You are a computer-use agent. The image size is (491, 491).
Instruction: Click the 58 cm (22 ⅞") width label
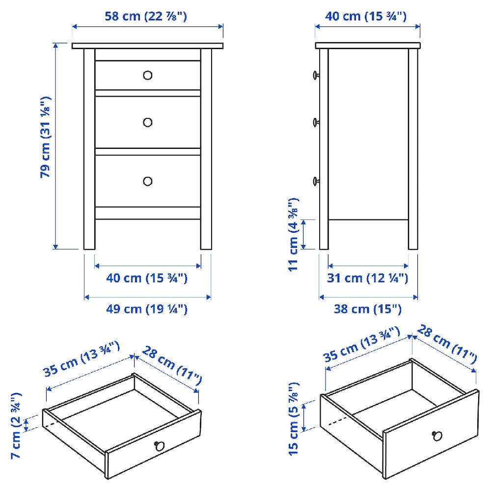point(146,16)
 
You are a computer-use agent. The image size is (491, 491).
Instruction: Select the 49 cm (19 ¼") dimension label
point(147,309)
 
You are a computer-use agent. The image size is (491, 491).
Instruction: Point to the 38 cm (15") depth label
point(368,309)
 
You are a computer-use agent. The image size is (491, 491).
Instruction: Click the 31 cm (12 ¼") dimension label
point(368,278)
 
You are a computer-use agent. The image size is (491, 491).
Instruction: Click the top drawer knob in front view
point(148,75)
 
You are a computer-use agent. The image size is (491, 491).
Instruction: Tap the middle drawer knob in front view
point(148,122)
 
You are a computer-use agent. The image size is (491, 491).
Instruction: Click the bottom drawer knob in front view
point(148,181)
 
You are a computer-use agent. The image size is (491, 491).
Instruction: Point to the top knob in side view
point(316,75)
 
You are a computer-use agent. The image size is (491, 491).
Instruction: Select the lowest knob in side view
point(316,181)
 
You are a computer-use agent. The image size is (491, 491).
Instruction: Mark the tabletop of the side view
point(368,46)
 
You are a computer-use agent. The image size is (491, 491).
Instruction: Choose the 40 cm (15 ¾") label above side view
point(366,16)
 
